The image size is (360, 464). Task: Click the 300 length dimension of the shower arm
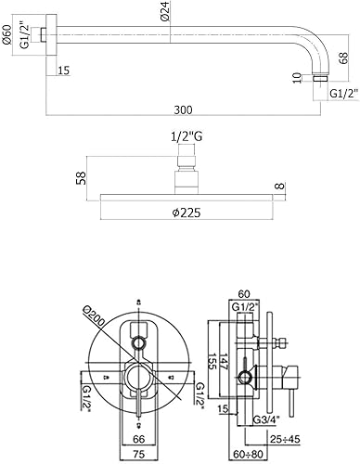tap(183, 110)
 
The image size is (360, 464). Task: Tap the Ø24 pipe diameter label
tap(166, 11)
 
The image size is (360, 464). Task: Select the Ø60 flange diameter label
tap(6, 35)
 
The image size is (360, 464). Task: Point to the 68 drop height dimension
tap(343, 58)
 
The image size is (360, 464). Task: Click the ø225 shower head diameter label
tap(186, 213)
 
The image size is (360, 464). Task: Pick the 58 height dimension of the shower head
tap(81, 178)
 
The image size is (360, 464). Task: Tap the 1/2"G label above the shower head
tap(186, 136)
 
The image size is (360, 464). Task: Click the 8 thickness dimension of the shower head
tap(279, 187)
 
